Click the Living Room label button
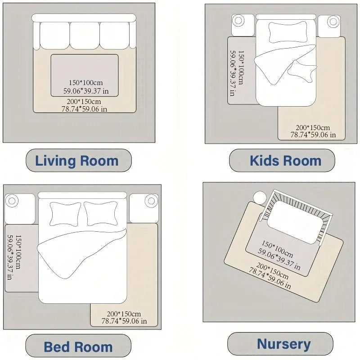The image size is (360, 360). pos(77,161)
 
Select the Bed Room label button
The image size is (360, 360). pos(78,347)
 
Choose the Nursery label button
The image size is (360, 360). pos(283,345)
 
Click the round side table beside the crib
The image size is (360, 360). pos(260,198)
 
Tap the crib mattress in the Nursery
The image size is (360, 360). pos(295,217)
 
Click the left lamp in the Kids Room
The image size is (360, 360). pos(238,21)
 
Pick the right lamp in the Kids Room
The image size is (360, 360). pos(333,21)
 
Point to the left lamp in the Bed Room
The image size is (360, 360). pos(12,201)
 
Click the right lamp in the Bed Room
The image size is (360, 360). pos(152,201)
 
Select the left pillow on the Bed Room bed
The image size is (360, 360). pos(66,213)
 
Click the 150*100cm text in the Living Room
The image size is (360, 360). pos(85,83)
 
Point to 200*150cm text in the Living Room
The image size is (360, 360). pos(85,101)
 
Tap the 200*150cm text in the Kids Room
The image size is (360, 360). pos(313,127)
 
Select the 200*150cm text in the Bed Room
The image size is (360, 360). pos(124,314)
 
